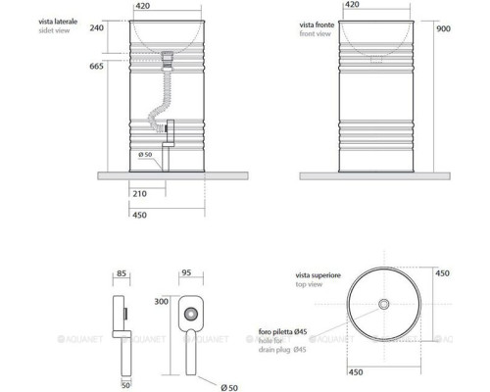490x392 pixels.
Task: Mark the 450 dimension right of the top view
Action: [x=442, y=273]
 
